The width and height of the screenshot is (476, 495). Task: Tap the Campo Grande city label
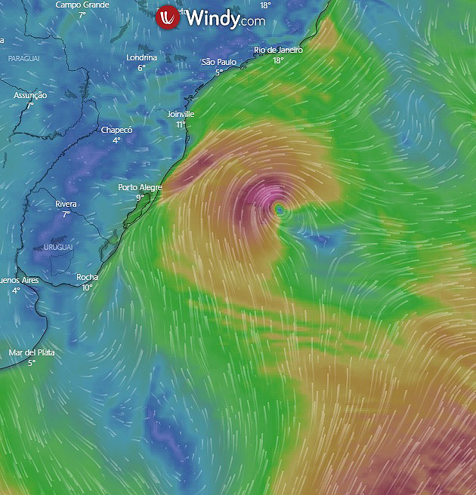pyautogui.click(x=82, y=5)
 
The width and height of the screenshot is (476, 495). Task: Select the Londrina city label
pyautogui.click(x=141, y=57)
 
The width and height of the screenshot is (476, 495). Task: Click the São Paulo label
pyautogui.click(x=219, y=62)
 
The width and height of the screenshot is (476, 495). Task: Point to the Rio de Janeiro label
pyautogui.click(x=278, y=50)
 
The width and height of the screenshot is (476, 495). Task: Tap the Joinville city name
pyautogui.click(x=181, y=114)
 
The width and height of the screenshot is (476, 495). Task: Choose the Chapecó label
pyautogui.click(x=116, y=130)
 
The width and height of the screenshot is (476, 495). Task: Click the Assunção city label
pyautogui.click(x=30, y=96)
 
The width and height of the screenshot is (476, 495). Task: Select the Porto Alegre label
pyautogui.click(x=140, y=187)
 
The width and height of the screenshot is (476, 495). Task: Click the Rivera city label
pyautogui.click(x=66, y=204)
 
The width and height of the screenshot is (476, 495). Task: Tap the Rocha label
pyautogui.click(x=87, y=277)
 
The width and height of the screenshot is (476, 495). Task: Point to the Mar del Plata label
pyautogui.click(x=32, y=352)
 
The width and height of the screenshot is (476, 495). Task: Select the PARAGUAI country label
pyautogui.click(x=25, y=58)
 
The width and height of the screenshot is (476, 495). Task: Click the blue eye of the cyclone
pyautogui.click(x=280, y=209)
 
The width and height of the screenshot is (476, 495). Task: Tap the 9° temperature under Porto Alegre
pyautogui.click(x=140, y=198)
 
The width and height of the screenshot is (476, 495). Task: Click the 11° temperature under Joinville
pyautogui.click(x=181, y=125)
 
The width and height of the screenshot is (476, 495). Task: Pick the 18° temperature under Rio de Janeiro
pyautogui.click(x=278, y=60)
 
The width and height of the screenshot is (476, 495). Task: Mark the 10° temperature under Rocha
pyautogui.click(x=87, y=287)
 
